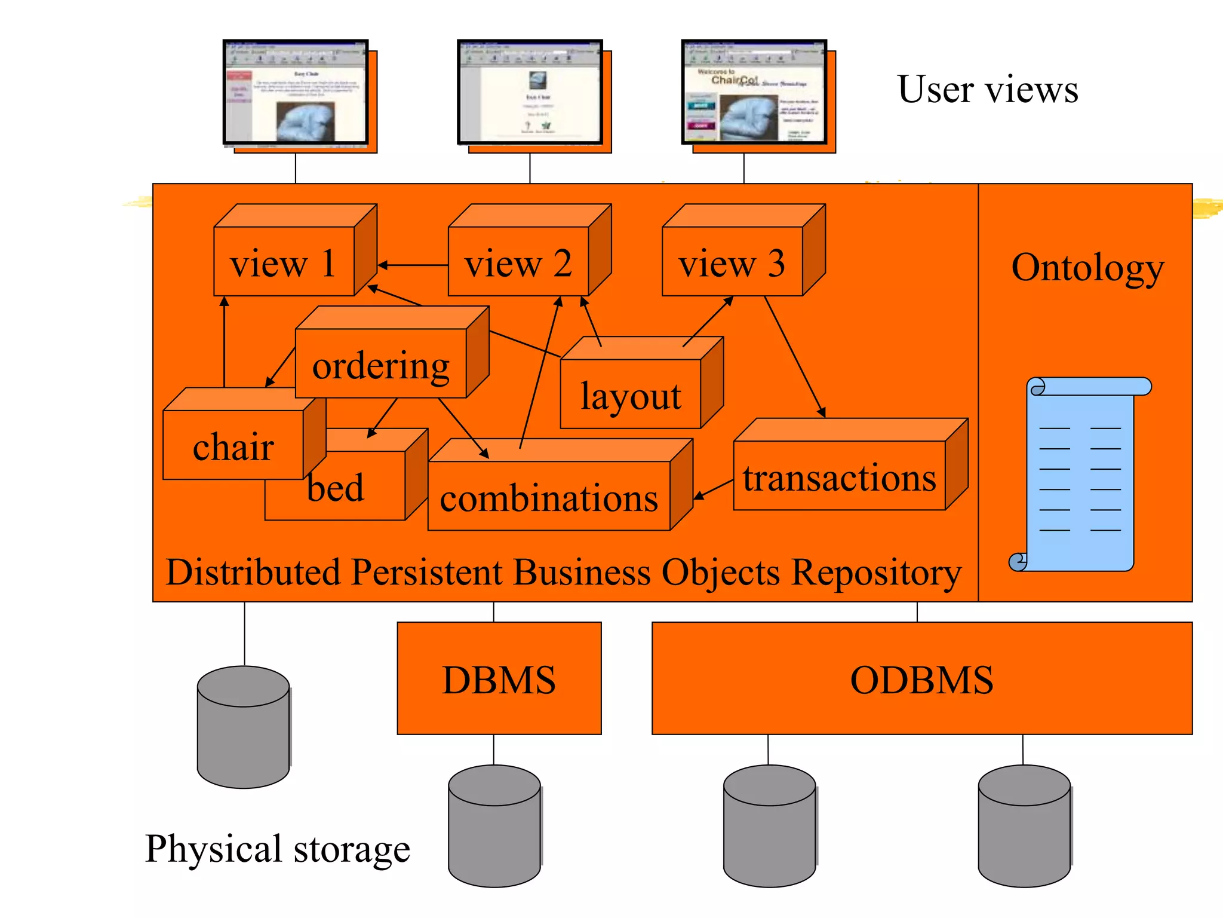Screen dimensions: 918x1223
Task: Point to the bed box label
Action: pyautogui.click(x=336, y=487)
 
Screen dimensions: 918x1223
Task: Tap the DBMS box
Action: pyautogui.click(x=499, y=678)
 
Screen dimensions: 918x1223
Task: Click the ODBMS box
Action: pyautogui.click(x=921, y=678)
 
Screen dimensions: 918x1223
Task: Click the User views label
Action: pyautogui.click(x=988, y=90)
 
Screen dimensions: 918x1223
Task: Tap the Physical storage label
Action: pyautogui.click(x=278, y=848)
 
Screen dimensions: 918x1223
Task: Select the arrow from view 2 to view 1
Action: pyautogui.click(x=412, y=265)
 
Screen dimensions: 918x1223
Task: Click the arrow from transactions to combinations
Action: pyautogui.click(x=714, y=489)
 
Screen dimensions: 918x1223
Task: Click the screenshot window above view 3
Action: pyautogui.click(x=754, y=92)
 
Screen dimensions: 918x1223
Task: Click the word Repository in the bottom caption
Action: pyautogui.click(x=876, y=573)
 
